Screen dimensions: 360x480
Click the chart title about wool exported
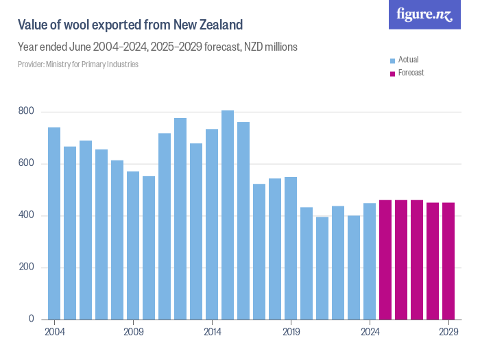click(130, 25)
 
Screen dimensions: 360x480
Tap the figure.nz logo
click(424, 14)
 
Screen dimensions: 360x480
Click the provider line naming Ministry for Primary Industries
click(78, 64)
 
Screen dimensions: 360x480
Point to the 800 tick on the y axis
click(26, 111)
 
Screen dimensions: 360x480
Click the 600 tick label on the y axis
click(26, 163)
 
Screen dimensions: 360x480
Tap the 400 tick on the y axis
click(26, 215)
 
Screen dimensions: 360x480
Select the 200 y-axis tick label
click(26, 267)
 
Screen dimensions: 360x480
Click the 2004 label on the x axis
click(54, 332)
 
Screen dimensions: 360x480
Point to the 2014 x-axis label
click(212, 332)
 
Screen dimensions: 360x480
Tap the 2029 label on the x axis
click(448, 332)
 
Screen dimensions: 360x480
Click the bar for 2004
click(54, 223)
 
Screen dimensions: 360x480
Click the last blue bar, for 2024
click(370, 261)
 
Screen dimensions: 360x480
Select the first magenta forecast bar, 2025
click(385, 259)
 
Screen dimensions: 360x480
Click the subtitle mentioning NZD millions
click(158, 47)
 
